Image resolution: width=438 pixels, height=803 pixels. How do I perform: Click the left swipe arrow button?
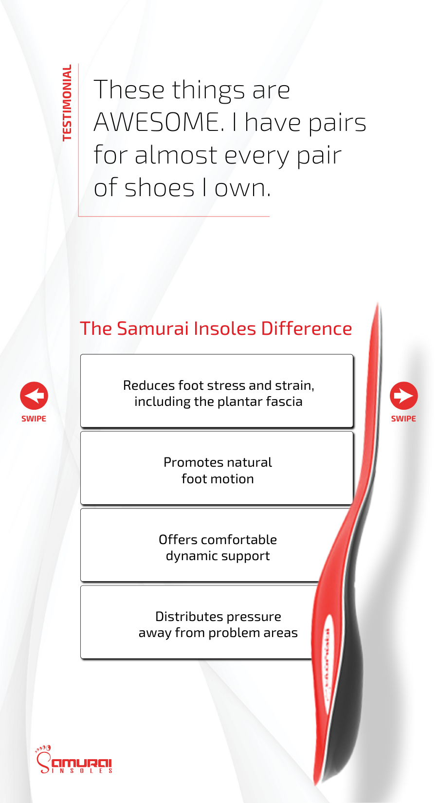coord(34,396)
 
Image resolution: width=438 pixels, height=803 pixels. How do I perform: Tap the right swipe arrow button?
coord(403,396)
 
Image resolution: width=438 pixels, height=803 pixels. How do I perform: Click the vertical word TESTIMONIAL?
coord(67,103)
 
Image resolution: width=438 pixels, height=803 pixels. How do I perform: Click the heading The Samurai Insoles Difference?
coord(216,328)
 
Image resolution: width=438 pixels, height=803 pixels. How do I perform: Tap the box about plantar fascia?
coord(217,391)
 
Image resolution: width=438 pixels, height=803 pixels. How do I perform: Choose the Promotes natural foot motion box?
coord(217,468)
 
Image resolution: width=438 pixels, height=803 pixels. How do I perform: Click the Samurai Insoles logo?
coord(74,759)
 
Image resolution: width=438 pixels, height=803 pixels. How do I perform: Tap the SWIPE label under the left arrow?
coord(34,419)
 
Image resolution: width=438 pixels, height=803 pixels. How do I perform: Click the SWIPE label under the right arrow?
coord(403,419)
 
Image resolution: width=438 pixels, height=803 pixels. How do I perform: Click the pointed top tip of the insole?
coord(378,303)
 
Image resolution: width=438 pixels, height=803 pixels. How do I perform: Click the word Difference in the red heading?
coord(307,328)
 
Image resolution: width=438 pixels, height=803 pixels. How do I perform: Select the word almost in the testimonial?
coord(176,155)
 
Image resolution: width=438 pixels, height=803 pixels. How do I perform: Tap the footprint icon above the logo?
coord(43,749)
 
